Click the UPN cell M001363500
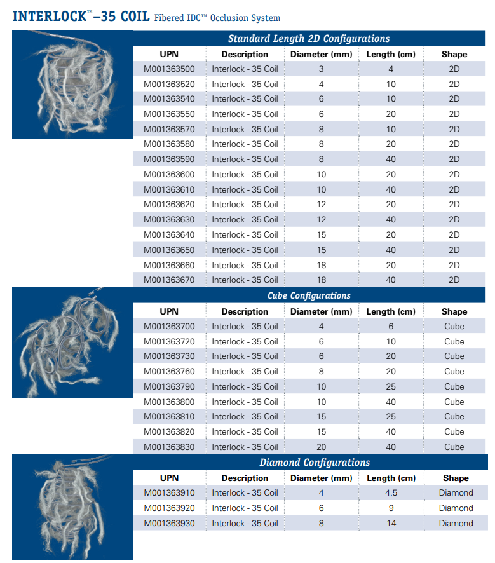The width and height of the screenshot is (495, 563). pyautogui.click(x=169, y=69)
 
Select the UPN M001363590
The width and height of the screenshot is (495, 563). pyautogui.click(x=169, y=159)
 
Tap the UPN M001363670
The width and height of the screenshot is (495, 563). pyautogui.click(x=169, y=280)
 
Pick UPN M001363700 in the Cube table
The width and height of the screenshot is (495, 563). pyautogui.click(x=169, y=327)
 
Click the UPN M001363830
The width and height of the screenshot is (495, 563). pyautogui.click(x=169, y=447)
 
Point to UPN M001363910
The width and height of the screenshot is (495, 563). pyautogui.click(x=169, y=493)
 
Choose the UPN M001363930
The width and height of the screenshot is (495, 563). pyautogui.click(x=169, y=524)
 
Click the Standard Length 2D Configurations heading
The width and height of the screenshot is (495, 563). pyautogui.click(x=309, y=39)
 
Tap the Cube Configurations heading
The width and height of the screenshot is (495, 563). pyautogui.click(x=309, y=295)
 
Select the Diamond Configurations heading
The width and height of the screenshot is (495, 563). pyautogui.click(x=315, y=463)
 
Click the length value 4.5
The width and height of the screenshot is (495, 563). pyautogui.click(x=391, y=493)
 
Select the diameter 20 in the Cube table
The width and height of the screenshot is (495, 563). pyautogui.click(x=321, y=447)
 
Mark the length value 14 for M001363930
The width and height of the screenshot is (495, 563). pyautogui.click(x=391, y=524)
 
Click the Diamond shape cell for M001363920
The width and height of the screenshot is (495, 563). pyautogui.click(x=456, y=508)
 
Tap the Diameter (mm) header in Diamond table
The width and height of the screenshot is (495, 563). pyautogui.click(x=321, y=478)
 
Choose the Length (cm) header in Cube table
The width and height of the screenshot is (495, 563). pyautogui.click(x=391, y=311)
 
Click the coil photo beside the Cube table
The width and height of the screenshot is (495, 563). pyautogui.click(x=67, y=343)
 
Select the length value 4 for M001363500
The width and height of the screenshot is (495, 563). pyautogui.click(x=391, y=69)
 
